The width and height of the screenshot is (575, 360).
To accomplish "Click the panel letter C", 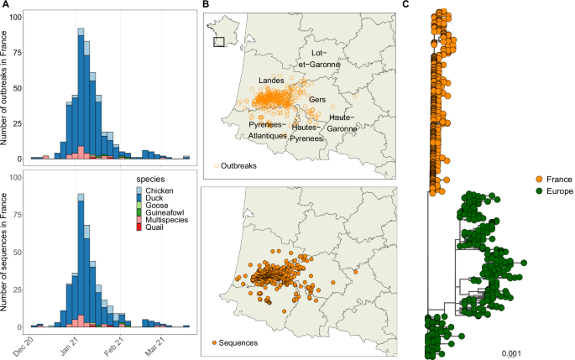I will (x=407, y=6).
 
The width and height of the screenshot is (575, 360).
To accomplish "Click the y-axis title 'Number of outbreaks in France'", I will (x=8, y=86).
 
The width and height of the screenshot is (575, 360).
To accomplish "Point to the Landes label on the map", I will (x=271, y=81).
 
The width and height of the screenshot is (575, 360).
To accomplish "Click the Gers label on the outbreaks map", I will (x=317, y=100).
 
